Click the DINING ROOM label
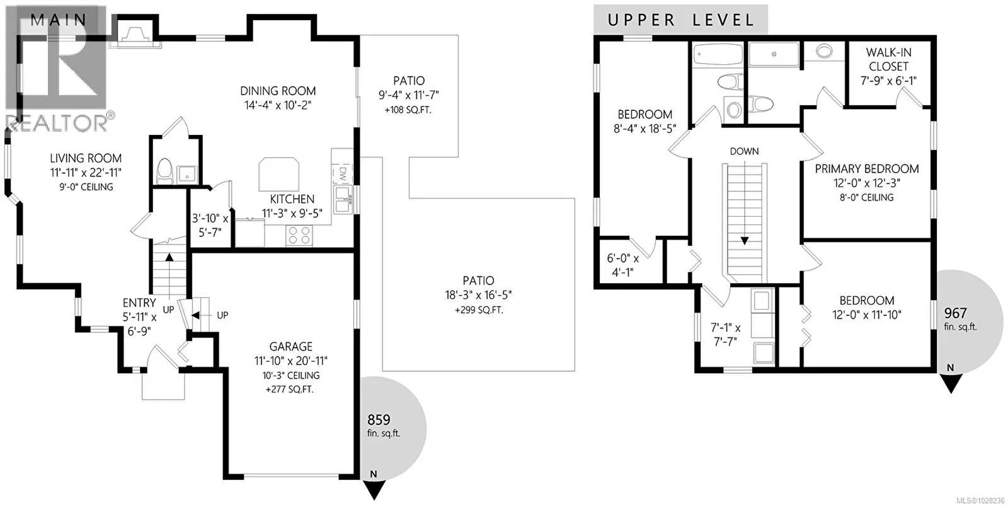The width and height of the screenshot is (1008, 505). pos(278,91)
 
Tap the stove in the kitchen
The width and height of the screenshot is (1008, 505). pos(299,236)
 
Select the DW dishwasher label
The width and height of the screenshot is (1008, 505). pos(342,173)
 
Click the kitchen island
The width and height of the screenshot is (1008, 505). pos(278,174)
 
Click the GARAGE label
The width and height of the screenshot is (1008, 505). pos(290,346)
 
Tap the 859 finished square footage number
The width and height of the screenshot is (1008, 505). pos(379,420)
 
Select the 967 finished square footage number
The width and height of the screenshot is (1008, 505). pos(955,313)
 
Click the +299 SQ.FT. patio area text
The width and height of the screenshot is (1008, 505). pos(479,310)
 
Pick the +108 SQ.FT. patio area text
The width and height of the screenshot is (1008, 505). pos(408,110)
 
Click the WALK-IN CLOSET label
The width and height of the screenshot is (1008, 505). pos(888,59)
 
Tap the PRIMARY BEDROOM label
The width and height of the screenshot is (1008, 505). pos(867,169)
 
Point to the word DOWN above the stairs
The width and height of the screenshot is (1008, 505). pos(744,151)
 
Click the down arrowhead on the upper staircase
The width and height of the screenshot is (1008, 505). pos(745,241)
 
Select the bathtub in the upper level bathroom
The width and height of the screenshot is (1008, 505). pos(718,54)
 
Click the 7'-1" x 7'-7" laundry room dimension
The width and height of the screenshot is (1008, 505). pos(725,334)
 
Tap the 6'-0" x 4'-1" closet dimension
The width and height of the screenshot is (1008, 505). pos(623,265)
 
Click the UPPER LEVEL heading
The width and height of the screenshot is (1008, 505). pos(680,20)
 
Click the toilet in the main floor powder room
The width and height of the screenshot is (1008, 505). pos(164,171)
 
